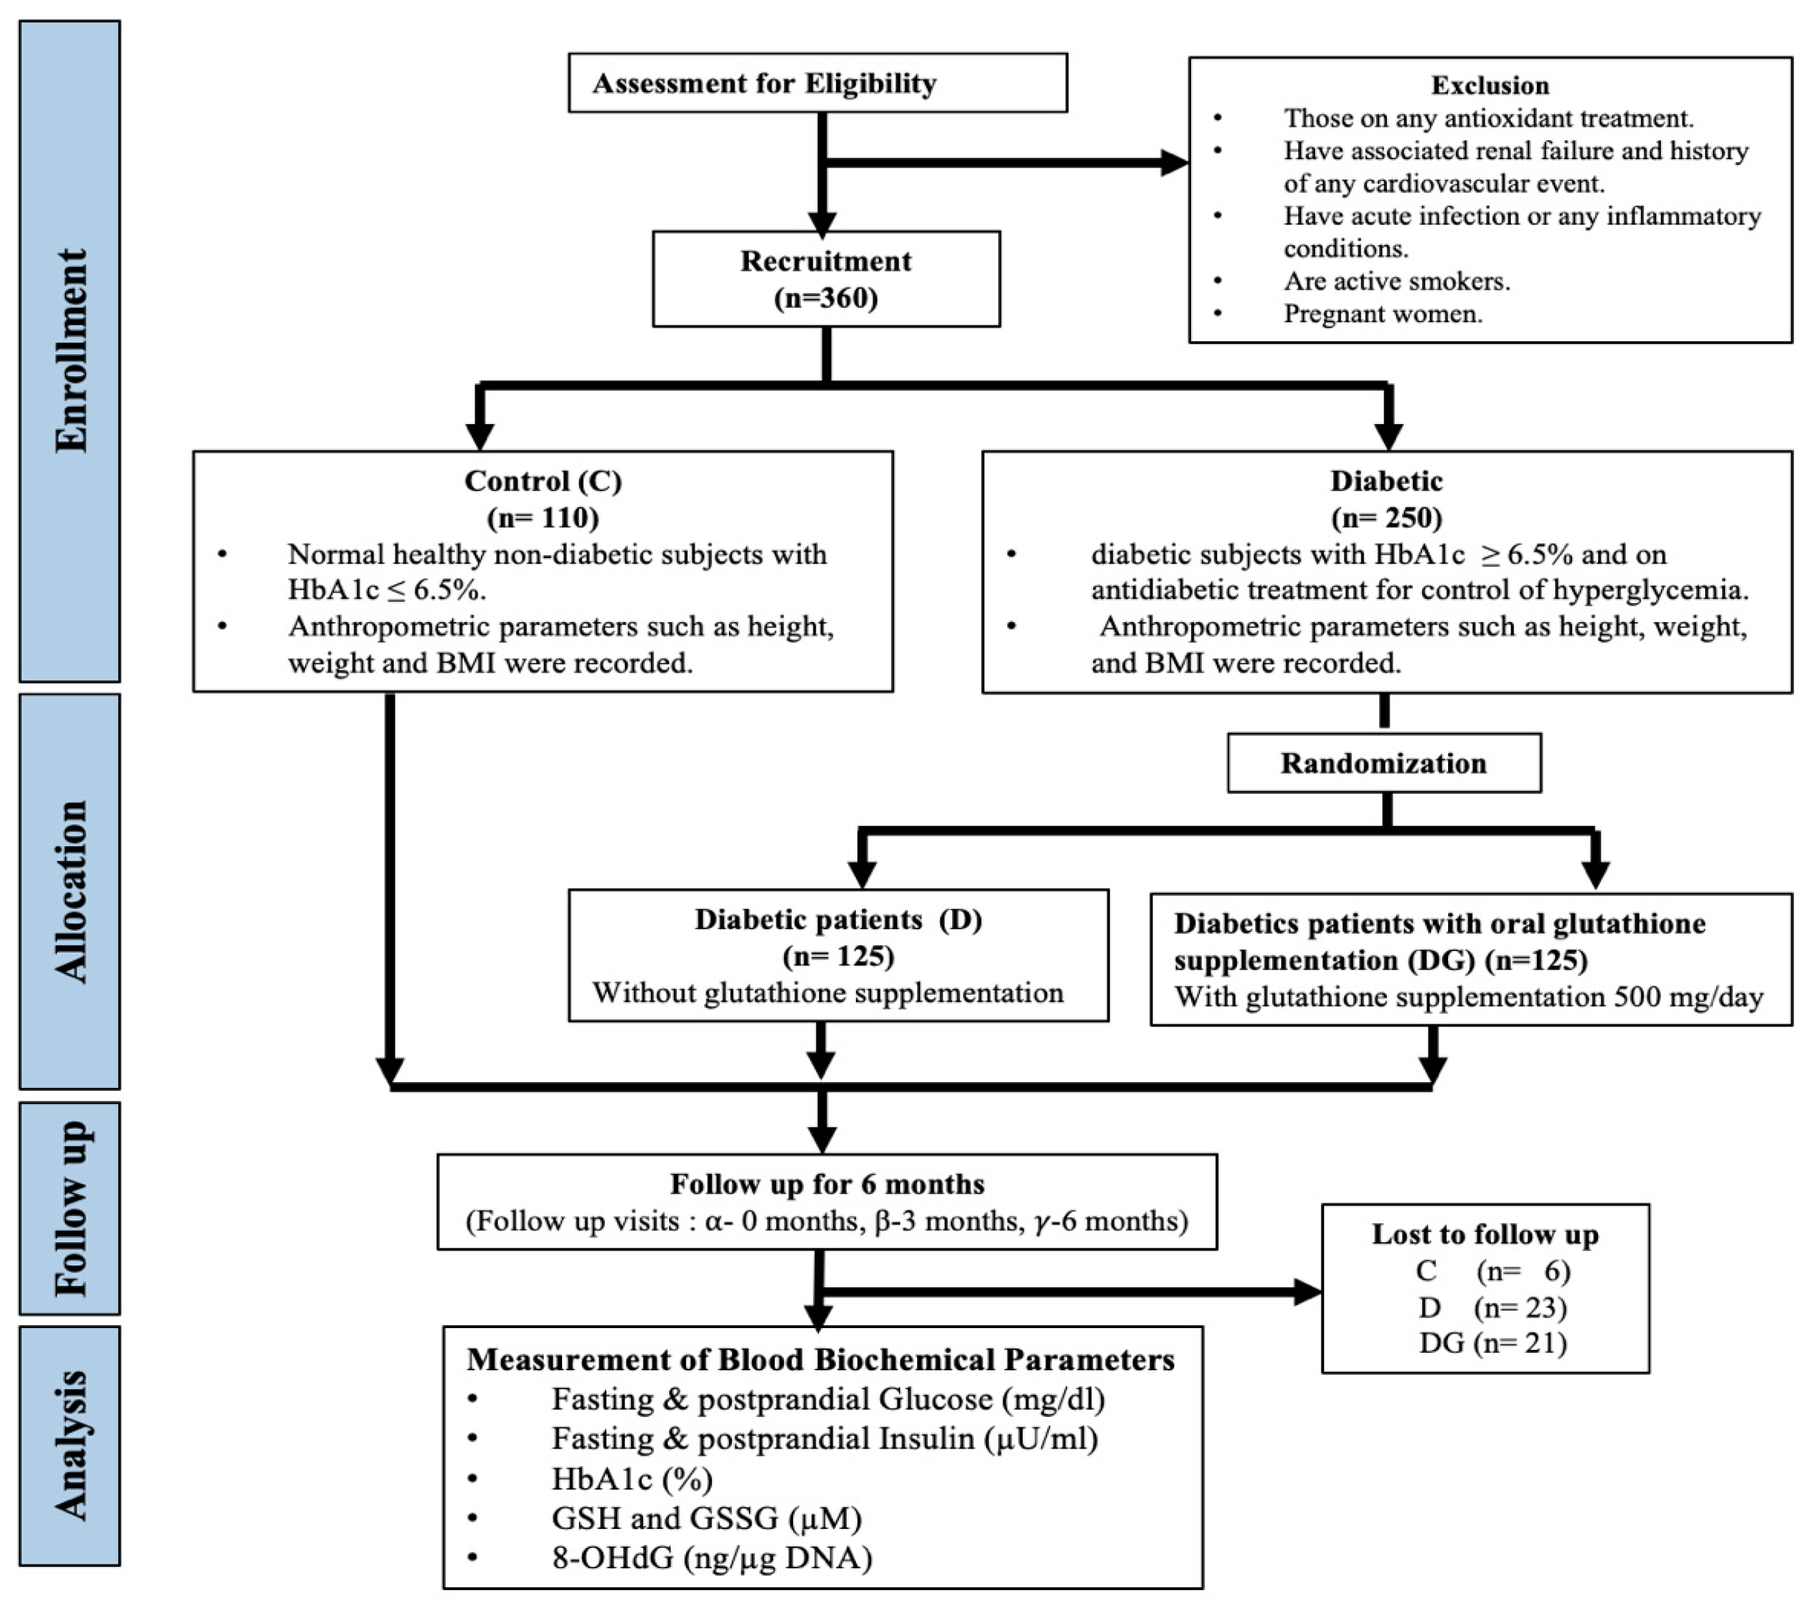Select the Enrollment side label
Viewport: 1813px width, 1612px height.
(70, 352)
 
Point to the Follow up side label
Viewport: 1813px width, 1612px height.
(70, 1208)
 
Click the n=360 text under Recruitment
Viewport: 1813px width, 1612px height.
(825, 298)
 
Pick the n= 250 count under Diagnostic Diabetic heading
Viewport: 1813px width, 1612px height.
(1385, 517)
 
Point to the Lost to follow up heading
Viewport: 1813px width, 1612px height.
(1485, 1234)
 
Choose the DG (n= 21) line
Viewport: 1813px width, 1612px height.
(1492, 1343)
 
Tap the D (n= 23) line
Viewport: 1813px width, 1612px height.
(1492, 1308)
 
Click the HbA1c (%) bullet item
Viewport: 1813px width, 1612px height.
(632, 1478)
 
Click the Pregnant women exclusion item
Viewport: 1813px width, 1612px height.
(1382, 314)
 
